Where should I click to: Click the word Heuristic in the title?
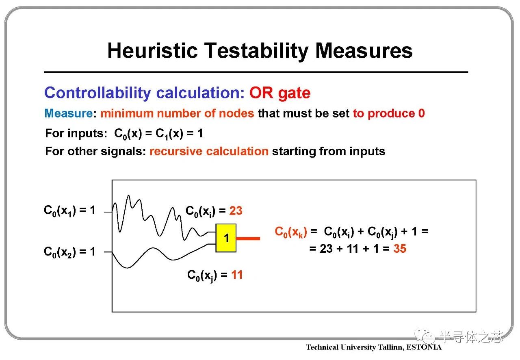(x=152, y=51)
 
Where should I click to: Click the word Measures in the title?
(x=364, y=51)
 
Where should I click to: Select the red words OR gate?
(x=280, y=93)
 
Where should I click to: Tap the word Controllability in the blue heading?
(x=97, y=93)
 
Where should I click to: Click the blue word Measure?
(x=69, y=114)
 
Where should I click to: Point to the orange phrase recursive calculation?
(x=209, y=151)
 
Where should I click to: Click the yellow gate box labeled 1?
(x=226, y=238)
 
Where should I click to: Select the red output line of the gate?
(x=248, y=239)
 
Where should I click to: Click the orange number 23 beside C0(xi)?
(x=236, y=211)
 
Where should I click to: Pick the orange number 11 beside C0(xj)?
(x=237, y=275)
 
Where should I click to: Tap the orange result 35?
(x=400, y=249)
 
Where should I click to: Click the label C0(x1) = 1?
(x=69, y=210)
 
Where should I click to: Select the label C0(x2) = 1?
(x=69, y=252)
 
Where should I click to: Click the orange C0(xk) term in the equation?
(x=291, y=232)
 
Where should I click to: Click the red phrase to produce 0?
(x=389, y=114)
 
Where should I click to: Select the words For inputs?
(x=76, y=133)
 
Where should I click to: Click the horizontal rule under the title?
(x=256, y=72)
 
